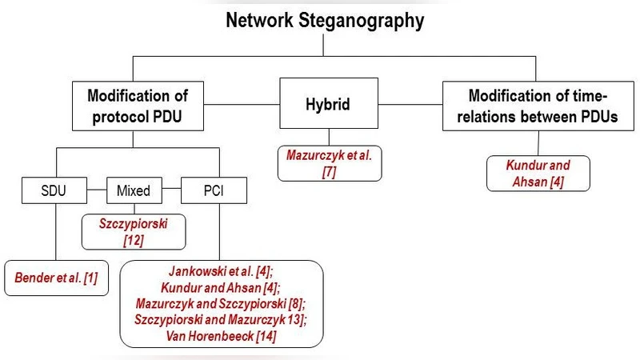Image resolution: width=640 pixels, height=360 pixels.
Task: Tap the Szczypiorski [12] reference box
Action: tap(134, 231)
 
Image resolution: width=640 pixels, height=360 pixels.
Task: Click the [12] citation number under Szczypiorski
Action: tap(134, 239)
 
